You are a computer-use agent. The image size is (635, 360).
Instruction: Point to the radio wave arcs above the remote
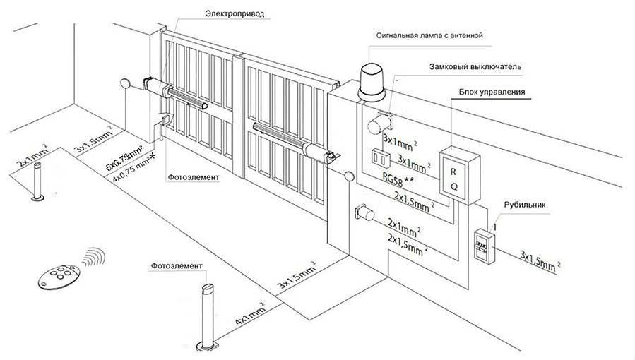(90, 256)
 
